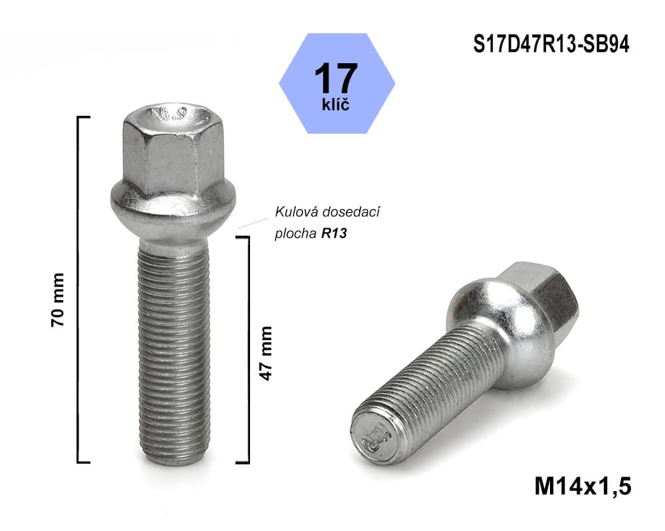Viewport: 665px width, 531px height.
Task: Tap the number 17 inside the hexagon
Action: [x=336, y=78]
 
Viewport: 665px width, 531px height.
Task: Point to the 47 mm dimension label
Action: [x=266, y=352]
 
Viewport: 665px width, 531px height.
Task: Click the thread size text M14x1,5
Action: [x=583, y=485]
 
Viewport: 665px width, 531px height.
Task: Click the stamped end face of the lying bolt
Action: [x=373, y=435]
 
